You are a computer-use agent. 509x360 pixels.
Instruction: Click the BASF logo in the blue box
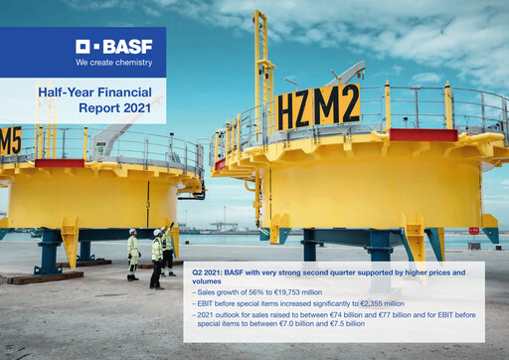point(113,46)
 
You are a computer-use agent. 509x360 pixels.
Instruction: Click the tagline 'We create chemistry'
point(113,62)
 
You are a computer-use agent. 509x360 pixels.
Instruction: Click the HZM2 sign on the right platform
point(319,107)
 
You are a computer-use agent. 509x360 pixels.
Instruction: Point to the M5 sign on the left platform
point(10,140)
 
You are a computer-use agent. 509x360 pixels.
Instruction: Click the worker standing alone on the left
point(133,255)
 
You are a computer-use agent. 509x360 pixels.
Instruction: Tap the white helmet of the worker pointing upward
point(157,232)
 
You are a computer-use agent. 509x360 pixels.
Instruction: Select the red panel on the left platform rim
point(60,163)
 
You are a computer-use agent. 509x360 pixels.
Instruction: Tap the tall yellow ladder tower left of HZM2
point(263,90)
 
